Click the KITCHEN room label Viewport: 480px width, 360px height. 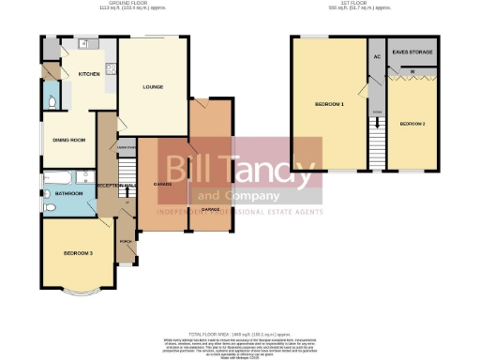(x=89, y=73)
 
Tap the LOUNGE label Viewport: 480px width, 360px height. (x=153, y=88)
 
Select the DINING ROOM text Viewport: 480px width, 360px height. (x=69, y=140)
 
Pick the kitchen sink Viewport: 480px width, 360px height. (x=82, y=44)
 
